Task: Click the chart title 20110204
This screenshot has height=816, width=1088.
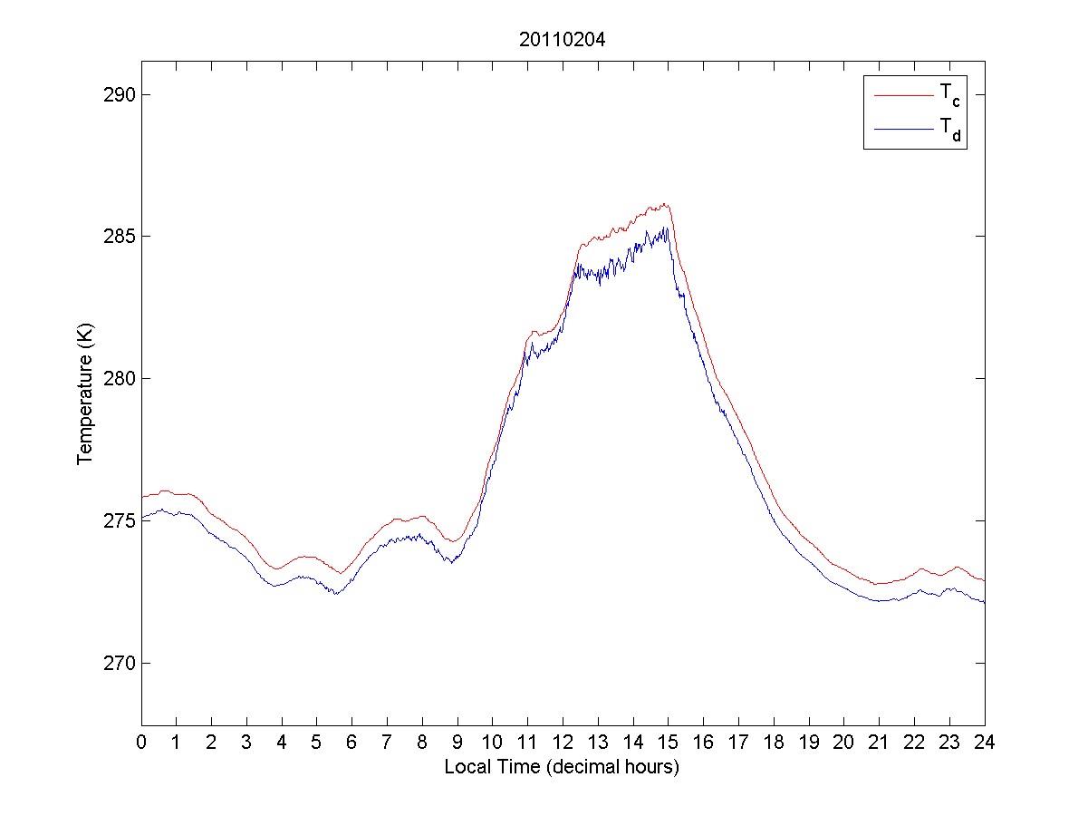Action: point(562,40)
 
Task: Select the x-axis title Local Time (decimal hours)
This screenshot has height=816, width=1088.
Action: point(562,767)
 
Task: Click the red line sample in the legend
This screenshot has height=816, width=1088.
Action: point(902,94)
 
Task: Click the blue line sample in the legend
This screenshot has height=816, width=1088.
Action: point(902,130)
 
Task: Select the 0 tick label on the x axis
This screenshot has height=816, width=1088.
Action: point(141,742)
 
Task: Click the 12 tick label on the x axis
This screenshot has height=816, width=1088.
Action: point(563,742)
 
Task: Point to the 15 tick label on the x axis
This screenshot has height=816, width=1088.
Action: point(669,742)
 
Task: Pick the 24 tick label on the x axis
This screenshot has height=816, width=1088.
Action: point(985,742)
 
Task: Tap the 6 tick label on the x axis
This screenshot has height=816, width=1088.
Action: point(352,742)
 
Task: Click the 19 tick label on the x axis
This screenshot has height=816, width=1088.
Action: point(809,742)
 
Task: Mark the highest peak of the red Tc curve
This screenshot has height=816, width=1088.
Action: point(664,204)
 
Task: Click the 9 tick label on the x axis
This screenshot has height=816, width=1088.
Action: point(457,742)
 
